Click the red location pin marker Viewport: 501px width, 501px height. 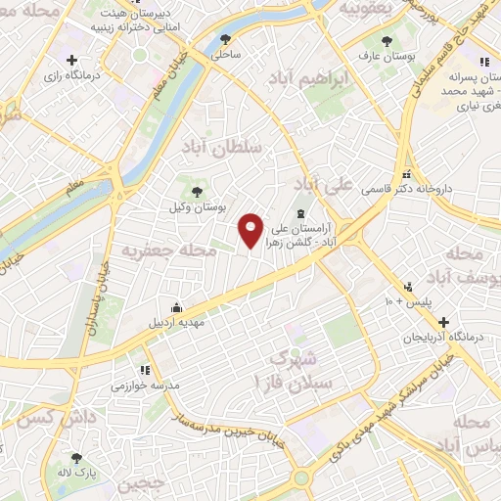click(x=251, y=231)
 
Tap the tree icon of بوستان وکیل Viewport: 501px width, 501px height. click(x=197, y=192)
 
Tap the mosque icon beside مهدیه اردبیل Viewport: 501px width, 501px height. click(x=176, y=306)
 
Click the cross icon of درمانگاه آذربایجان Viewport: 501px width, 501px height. click(x=444, y=321)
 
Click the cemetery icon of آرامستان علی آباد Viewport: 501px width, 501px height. click(x=300, y=214)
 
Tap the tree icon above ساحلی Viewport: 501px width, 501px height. click(x=226, y=40)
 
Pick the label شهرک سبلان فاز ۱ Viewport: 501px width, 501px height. click(x=296, y=370)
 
